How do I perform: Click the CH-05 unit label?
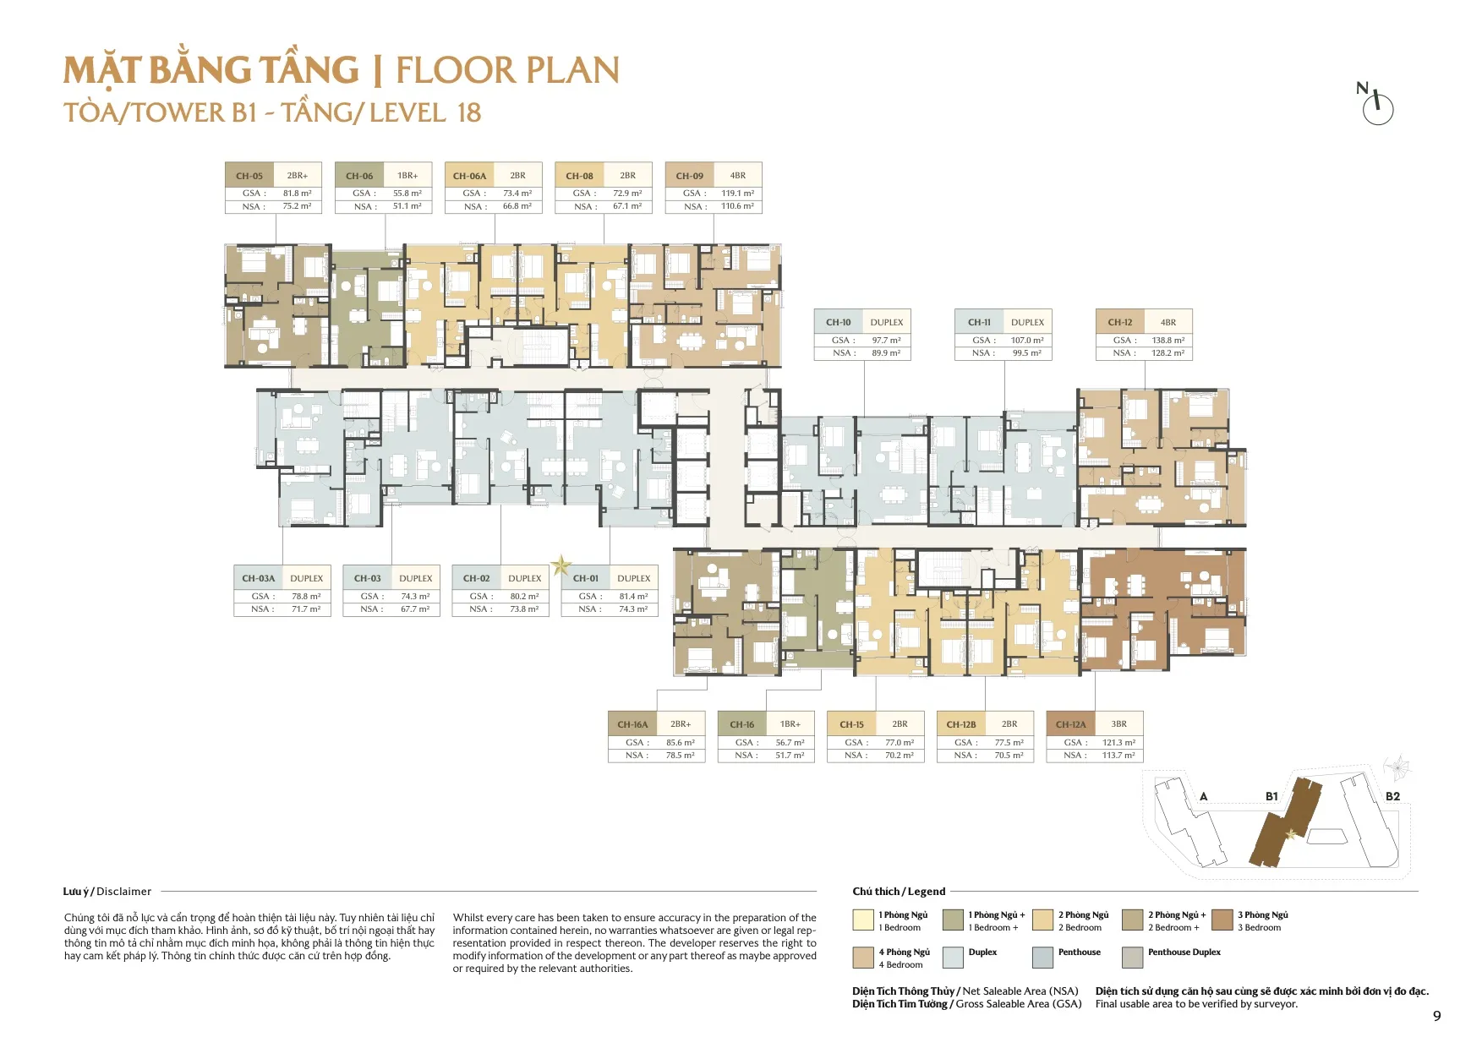(249, 176)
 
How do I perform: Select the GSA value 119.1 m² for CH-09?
(737, 194)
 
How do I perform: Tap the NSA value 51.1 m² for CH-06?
(407, 206)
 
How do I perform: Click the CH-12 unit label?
(1120, 322)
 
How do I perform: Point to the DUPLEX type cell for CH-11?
(1027, 322)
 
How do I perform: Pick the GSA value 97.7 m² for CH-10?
(886, 341)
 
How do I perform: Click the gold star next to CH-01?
(561, 565)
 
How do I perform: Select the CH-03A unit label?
(258, 578)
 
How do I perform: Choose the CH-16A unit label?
(632, 724)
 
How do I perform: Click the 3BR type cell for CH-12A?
(1118, 724)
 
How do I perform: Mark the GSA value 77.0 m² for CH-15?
(900, 743)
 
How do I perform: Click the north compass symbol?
(1377, 106)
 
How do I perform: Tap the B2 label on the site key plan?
(1392, 796)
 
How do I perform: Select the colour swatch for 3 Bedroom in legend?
(1222, 920)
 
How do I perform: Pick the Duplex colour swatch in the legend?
(953, 957)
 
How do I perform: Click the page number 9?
(1436, 1016)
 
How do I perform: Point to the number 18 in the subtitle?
(469, 112)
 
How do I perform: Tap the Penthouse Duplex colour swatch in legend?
(1132, 957)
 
